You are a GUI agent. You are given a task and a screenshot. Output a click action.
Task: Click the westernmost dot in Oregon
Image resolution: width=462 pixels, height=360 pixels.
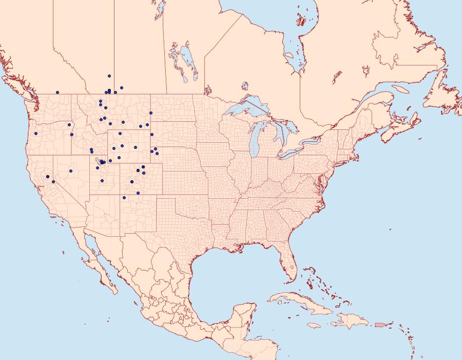click(x=36, y=134)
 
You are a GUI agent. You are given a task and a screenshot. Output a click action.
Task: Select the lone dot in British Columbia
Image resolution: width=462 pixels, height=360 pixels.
click(x=57, y=92)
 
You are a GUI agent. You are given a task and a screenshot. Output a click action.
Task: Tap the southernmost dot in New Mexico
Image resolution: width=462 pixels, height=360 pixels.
click(x=124, y=197)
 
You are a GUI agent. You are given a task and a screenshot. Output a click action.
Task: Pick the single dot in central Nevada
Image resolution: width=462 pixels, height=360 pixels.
click(x=71, y=171)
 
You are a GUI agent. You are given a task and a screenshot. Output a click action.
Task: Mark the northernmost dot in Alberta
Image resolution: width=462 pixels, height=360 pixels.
click(x=109, y=75)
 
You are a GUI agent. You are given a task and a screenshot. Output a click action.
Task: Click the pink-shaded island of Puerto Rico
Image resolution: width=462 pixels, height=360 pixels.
click(x=380, y=324)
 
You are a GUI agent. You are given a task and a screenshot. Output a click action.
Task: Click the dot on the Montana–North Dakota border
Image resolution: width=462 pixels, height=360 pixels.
click(x=151, y=113)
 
